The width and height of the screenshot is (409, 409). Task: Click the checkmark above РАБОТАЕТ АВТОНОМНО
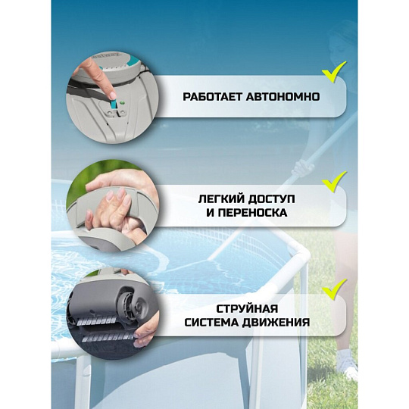tap(333, 73)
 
